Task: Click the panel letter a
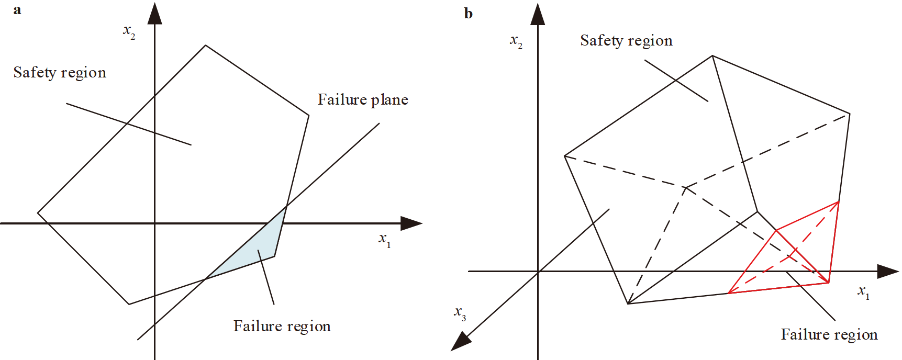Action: pos(17,10)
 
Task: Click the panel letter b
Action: pos(468,14)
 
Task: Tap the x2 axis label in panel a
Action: pos(129,31)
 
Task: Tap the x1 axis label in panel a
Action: pos(384,240)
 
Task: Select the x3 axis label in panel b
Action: pos(460,313)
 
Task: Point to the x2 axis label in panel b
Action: pos(516,41)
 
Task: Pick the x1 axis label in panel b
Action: pos(863,291)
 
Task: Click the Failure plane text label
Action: pos(363,99)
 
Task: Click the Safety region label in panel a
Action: pos(60,72)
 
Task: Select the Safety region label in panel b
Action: pos(626,40)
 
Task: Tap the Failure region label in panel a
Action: pos(282,326)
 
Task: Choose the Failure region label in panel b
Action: pos(829,334)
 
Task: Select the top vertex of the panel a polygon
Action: pos(205,46)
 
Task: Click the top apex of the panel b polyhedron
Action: pos(712,55)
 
